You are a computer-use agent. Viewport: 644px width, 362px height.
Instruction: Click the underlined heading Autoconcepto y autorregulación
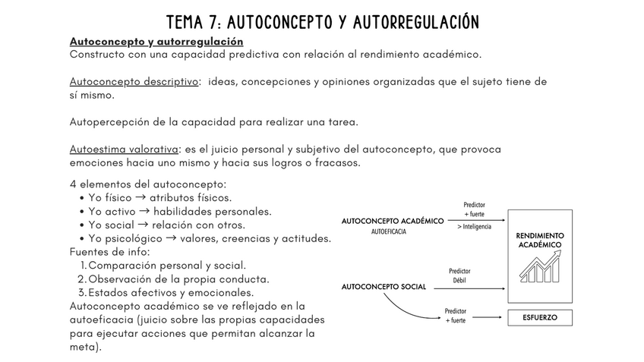click(156, 41)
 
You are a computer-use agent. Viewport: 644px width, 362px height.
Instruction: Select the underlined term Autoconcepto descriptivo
click(134, 82)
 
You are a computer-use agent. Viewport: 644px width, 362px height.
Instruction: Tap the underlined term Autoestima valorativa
click(124, 150)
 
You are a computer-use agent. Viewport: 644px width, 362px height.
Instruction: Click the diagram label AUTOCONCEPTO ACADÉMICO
click(393, 221)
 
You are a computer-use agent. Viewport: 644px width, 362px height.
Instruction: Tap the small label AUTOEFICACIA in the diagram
click(389, 231)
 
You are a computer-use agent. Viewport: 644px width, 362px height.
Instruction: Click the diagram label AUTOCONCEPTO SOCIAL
click(384, 287)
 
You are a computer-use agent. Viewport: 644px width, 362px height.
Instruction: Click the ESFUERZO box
click(539, 317)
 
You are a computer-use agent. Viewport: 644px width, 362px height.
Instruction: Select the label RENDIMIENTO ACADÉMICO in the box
click(539, 240)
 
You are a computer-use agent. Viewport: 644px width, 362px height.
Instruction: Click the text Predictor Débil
click(459, 275)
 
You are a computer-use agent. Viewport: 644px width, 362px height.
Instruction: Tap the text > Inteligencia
click(474, 226)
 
